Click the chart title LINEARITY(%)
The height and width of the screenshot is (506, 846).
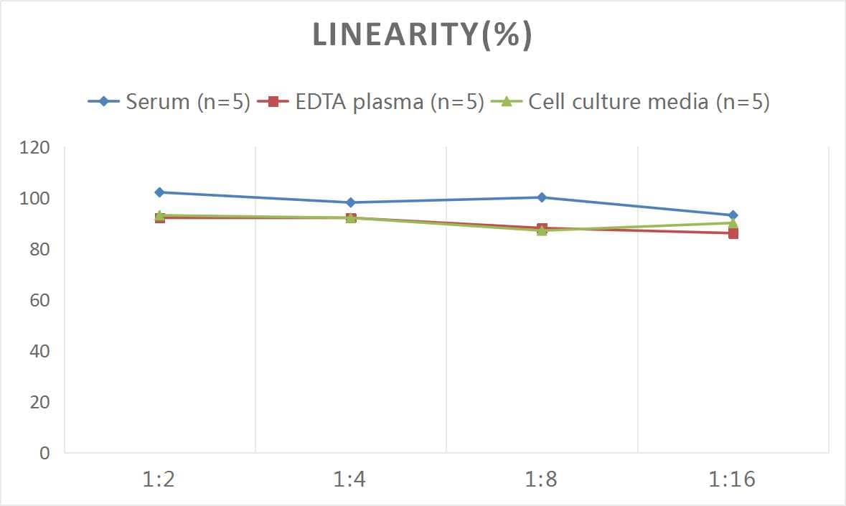(x=422, y=35)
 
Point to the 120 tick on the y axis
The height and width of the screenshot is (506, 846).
(x=35, y=148)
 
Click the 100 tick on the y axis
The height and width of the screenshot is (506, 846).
(x=35, y=199)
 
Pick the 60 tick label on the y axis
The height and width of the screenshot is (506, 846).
(x=39, y=300)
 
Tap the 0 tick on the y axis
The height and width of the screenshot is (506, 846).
(x=44, y=453)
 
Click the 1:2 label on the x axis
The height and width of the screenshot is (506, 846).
(x=159, y=479)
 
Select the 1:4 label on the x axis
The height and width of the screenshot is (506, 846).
(x=350, y=479)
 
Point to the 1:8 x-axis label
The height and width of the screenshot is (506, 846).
(x=542, y=479)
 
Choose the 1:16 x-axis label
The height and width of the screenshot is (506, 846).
(x=733, y=479)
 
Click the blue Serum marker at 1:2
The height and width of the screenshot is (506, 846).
(x=159, y=192)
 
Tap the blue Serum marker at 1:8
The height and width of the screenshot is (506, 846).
(x=542, y=197)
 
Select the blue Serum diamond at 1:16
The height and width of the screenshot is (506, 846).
(x=733, y=215)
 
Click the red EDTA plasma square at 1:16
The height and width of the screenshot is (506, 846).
(x=733, y=233)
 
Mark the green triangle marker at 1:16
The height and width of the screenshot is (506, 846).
(x=733, y=222)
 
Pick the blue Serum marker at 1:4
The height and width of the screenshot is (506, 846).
(x=350, y=202)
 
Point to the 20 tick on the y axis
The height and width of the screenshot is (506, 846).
(x=39, y=402)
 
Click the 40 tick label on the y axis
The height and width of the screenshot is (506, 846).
(x=39, y=351)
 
